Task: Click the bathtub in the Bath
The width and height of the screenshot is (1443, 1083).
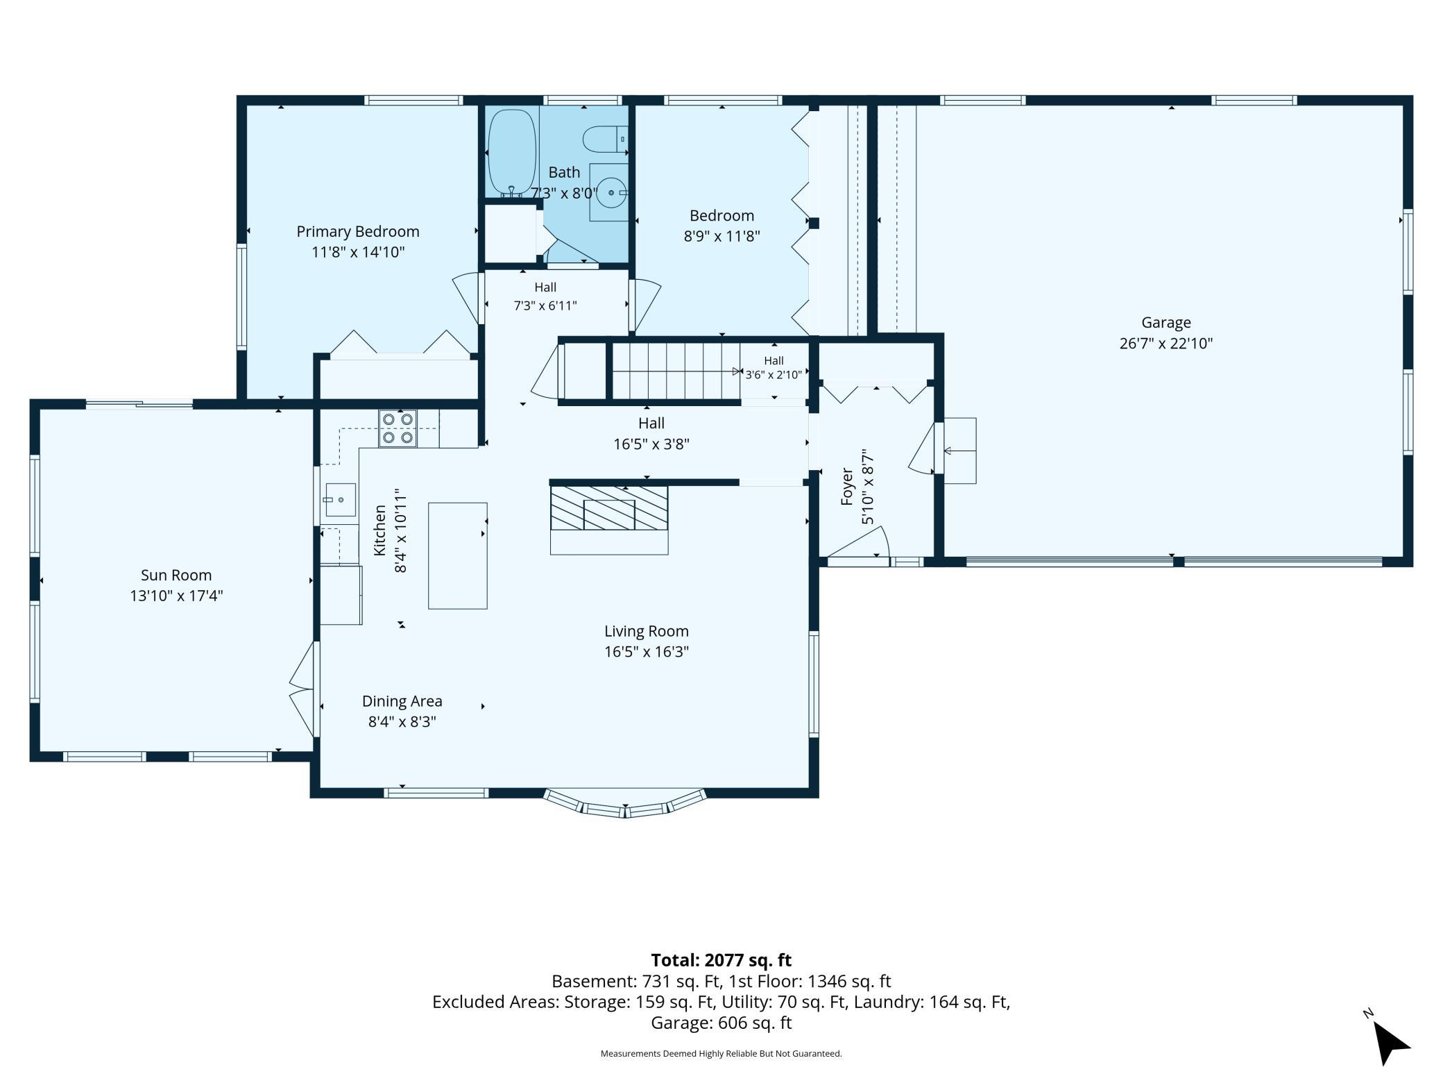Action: click(512, 153)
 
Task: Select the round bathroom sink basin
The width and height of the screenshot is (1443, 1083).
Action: click(610, 193)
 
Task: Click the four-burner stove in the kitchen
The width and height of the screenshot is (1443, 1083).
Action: click(398, 428)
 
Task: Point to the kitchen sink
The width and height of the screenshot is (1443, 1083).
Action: click(339, 500)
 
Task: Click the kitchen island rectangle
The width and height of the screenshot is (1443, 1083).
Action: click(457, 555)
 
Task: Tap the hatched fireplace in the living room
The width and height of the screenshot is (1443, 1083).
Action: click(609, 508)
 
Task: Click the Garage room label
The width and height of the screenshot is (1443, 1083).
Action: click(1166, 322)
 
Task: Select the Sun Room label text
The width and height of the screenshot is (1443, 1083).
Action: click(176, 575)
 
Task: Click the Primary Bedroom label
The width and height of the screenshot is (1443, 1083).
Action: click(358, 231)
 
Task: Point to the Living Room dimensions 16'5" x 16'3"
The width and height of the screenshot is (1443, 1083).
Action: click(647, 652)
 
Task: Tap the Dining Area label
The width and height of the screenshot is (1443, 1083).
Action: click(402, 701)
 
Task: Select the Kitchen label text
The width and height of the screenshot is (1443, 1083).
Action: click(380, 530)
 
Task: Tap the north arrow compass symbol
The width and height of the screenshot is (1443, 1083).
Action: click(1389, 1040)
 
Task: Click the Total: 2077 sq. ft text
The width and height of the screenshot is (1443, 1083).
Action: click(721, 960)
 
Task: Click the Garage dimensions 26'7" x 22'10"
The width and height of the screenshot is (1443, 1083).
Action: click(1166, 343)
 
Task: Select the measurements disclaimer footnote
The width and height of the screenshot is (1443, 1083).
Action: click(721, 1053)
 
